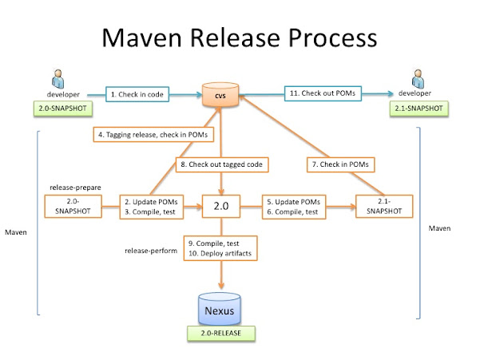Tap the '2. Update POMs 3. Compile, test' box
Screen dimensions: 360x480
(x=152, y=206)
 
